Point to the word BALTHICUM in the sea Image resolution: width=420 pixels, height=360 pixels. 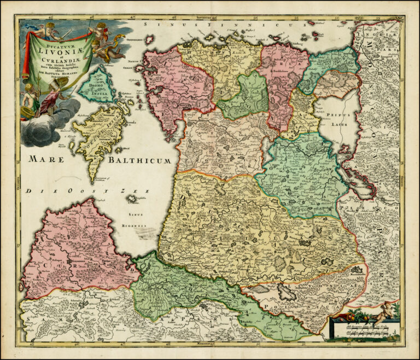(x=139, y=160)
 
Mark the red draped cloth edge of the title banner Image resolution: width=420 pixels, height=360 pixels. (x=26, y=55)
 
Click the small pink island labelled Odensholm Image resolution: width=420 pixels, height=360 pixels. (x=148, y=40)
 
